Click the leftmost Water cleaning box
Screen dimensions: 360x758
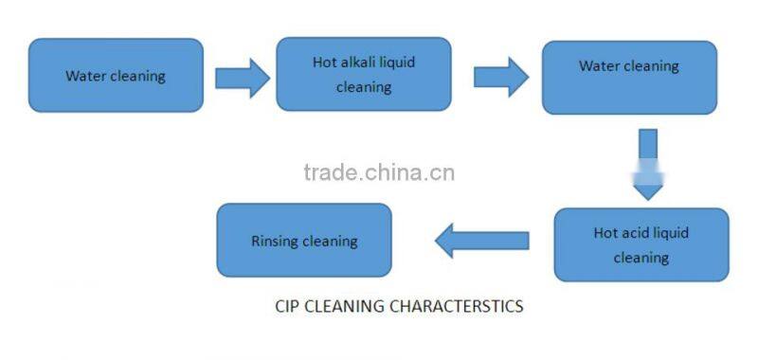tap(116, 76)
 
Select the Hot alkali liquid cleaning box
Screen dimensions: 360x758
tap(363, 74)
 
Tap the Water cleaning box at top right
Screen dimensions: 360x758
tap(628, 78)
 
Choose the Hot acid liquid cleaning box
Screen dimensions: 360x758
tap(641, 244)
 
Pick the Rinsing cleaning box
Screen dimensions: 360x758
tap(303, 241)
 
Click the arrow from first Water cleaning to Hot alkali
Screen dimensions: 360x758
tap(242, 77)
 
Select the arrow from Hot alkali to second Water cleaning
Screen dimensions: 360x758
tap(500, 77)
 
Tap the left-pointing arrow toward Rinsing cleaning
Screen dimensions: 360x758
tap(481, 241)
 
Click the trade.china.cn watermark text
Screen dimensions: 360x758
tap(379, 172)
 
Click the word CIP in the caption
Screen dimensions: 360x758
tap(287, 307)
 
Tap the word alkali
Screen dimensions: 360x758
tap(359, 63)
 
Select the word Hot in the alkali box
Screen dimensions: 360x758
tap(324, 63)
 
